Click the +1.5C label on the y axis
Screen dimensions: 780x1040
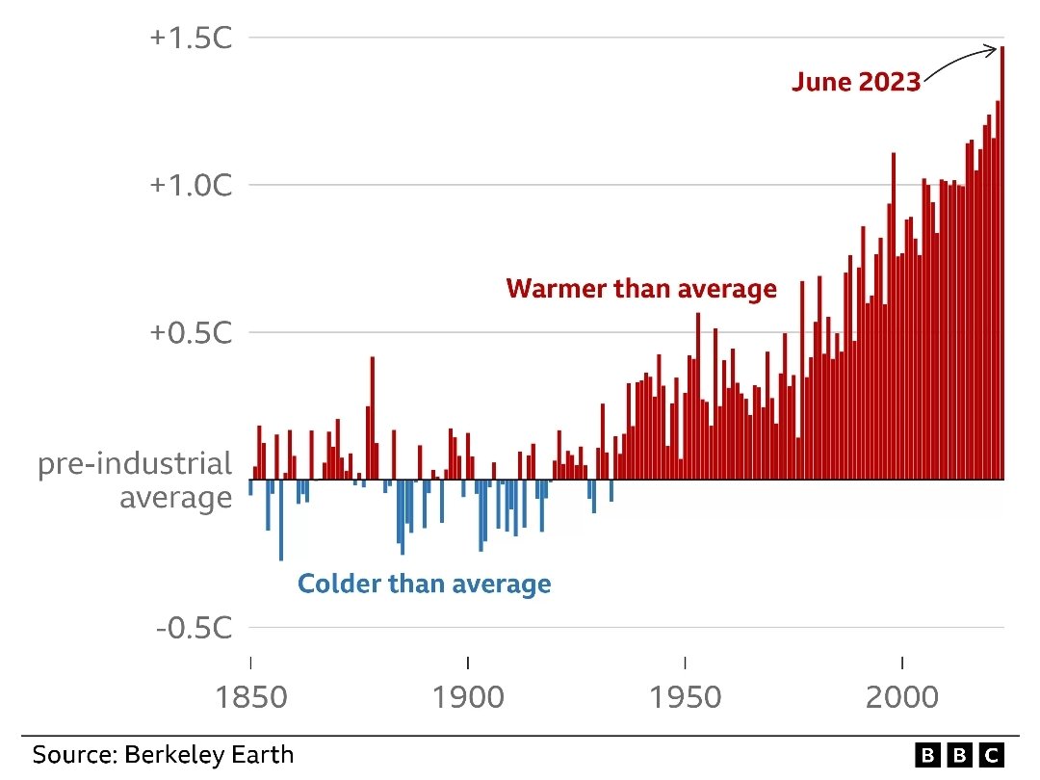[x=191, y=38]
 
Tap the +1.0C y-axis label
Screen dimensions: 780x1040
[x=191, y=185]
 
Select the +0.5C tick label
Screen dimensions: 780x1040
[x=191, y=332]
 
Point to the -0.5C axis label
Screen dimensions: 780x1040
[x=194, y=628]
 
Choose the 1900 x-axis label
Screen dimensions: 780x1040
[x=468, y=696]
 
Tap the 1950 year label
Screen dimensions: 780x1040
[x=685, y=696]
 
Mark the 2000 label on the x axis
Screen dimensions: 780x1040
[x=902, y=696]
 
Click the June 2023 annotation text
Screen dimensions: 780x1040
[x=856, y=82]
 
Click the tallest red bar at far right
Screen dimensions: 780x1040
[x=1001, y=270]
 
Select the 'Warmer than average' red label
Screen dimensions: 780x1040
[x=640, y=288]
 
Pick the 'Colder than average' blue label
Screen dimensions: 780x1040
[x=424, y=584]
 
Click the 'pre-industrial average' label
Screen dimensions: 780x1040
[x=135, y=481]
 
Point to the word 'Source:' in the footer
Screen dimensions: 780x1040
[x=75, y=754]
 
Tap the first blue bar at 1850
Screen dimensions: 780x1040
[x=250, y=487]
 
